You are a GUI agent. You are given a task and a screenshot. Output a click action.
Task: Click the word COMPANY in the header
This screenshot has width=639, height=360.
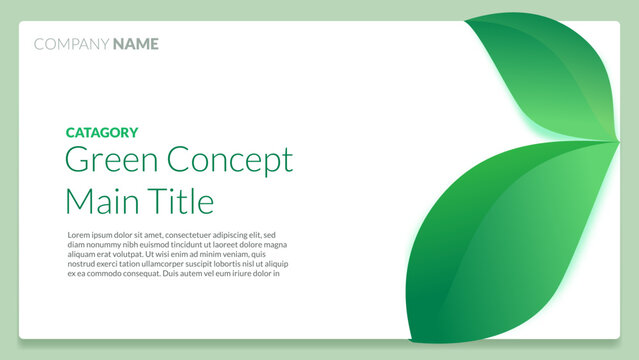pyautogui.click(x=71, y=44)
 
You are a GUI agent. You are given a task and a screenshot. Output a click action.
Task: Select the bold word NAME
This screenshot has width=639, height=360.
pyautogui.click(x=135, y=44)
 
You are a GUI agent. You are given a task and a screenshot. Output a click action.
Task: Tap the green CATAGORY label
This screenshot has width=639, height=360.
pyautogui.click(x=102, y=132)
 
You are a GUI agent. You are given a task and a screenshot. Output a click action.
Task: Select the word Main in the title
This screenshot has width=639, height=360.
pyautogui.click(x=96, y=201)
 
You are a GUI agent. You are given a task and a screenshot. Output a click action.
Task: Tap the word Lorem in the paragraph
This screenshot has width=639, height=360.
pyautogui.click(x=80, y=235)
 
